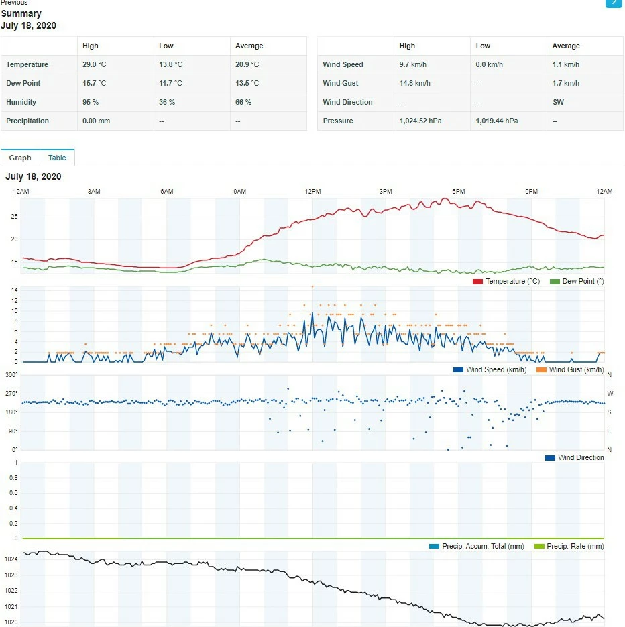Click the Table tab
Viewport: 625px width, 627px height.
pos(57,158)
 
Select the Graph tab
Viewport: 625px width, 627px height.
pos(20,158)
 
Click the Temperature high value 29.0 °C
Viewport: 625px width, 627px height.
pos(94,64)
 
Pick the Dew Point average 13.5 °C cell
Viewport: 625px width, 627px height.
pos(247,83)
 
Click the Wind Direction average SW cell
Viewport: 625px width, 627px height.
pos(558,102)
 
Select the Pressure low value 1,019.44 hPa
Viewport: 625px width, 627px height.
pos(497,121)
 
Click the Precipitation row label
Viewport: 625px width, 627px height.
pos(27,121)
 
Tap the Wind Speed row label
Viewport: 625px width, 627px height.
pos(343,64)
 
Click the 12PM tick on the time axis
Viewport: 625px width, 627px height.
pos(312,192)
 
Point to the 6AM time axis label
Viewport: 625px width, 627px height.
pos(167,192)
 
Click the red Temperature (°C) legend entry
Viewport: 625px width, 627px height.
pos(506,281)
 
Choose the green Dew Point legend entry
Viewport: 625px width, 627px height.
pos(577,281)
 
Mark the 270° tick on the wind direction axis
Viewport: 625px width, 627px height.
pos(11,393)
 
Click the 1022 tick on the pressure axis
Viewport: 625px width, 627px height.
pos(11,591)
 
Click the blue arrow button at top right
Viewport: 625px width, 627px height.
pos(614,3)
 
